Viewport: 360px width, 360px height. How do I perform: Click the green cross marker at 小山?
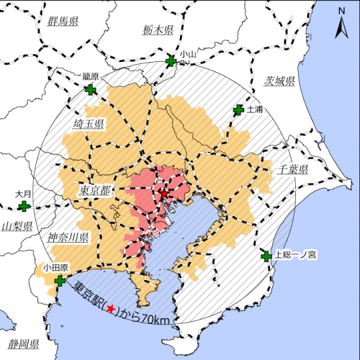click(x=171, y=62)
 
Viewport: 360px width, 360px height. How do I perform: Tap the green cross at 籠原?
click(x=90, y=90)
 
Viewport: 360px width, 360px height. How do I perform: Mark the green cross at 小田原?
click(x=59, y=280)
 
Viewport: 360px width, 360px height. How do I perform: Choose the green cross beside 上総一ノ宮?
click(x=267, y=256)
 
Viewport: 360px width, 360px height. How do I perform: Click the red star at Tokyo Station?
click(x=163, y=194)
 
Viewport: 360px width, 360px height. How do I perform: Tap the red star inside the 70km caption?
click(x=110, y=309)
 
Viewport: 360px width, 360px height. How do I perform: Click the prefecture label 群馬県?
click(x=63, y=22)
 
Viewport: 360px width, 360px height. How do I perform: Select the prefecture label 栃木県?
click(x=158, y=31)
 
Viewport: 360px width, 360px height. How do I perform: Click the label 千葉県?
click(x=293, y=170)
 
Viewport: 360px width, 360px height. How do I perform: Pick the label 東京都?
click(x=96, y=192)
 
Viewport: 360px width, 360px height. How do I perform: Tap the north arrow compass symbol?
click(x=341, y=29)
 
